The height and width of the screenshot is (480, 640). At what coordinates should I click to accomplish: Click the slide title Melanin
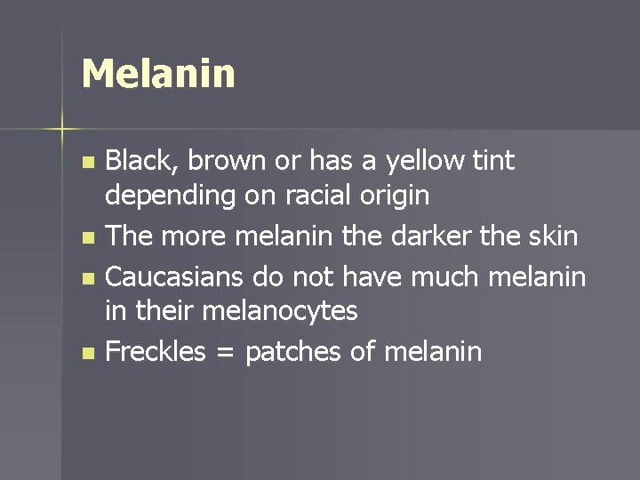tap(158, 74)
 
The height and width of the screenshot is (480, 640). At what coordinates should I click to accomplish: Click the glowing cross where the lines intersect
tap(63, 130)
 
